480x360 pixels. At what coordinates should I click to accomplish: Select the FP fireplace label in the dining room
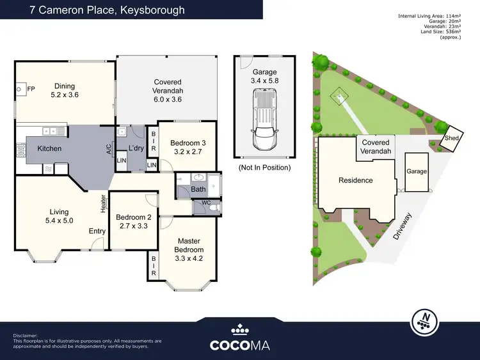pos(31,88)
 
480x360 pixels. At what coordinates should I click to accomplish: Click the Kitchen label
pos(49,148)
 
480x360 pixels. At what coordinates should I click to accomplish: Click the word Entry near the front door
pos(97,231)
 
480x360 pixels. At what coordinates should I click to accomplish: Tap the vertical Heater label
pos(102,203)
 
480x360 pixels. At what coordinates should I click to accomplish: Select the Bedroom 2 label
pos(133,221)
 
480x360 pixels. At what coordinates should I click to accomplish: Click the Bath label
pos(198,190)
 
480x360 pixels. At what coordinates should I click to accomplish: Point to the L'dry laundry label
pos(136,148)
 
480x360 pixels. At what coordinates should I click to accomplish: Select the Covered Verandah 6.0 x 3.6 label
pos(167,86)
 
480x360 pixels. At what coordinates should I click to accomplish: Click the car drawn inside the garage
pos(264,120)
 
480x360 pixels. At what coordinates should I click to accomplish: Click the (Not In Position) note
pos(264,167)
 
